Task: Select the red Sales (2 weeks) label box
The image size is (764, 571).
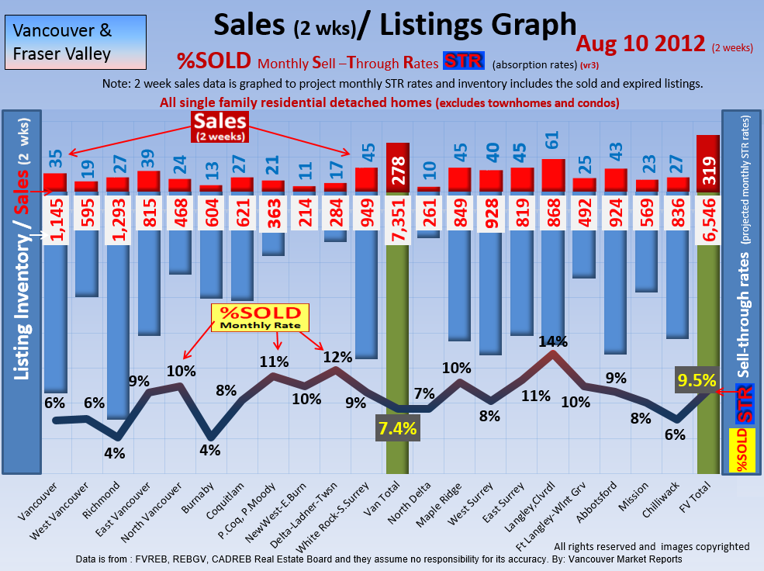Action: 220,126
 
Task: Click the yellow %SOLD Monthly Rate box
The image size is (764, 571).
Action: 261,317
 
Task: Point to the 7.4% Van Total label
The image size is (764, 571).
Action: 398,427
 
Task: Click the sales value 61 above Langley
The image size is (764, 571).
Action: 552,140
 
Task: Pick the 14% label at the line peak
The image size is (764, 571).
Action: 553,341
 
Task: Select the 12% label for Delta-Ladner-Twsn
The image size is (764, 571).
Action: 338,357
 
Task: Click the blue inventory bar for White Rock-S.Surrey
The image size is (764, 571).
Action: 366,295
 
